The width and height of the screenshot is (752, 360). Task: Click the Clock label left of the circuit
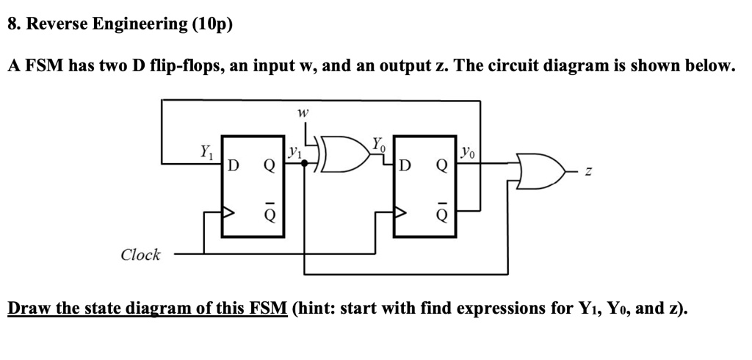tap(140, 255)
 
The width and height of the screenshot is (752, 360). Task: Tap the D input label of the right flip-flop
tap(405, 165)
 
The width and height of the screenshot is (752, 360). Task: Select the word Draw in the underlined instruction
tap(29, 307)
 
